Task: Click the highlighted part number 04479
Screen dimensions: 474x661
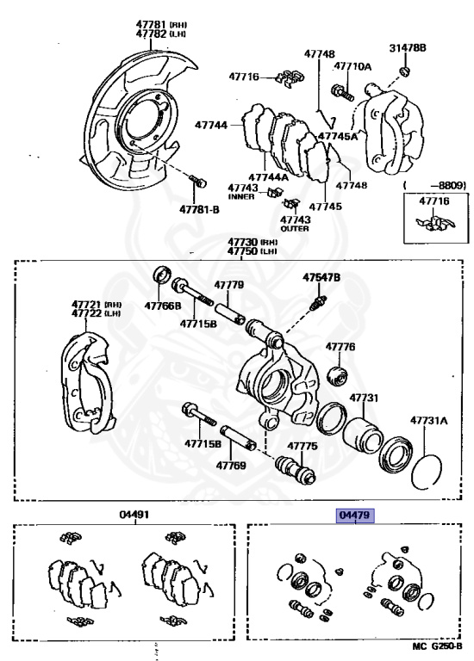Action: (355, 516)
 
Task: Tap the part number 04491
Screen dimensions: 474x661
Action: (134, 515)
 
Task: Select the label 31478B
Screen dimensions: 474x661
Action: (408, 47)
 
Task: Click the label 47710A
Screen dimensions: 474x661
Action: (352, 66)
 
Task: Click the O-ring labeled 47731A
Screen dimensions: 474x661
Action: (427, 472)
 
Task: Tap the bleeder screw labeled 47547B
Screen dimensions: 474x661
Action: (318, 303)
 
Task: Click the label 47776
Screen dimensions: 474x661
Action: (340, 347)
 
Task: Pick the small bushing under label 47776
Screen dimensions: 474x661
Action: (338, 375)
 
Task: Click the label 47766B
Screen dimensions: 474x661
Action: (163, 306)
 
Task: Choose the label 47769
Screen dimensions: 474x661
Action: (231, 466)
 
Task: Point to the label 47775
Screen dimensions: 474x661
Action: (302, 446)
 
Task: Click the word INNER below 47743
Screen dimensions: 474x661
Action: (241, 196)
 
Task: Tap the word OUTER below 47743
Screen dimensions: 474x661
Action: (295, 228)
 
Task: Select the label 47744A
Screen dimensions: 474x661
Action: (268, 177)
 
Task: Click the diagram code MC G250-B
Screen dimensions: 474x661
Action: (437, 646)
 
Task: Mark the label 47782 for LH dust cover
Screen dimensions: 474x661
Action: (151, 34)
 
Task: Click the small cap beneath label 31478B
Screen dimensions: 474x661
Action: (405, 71)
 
